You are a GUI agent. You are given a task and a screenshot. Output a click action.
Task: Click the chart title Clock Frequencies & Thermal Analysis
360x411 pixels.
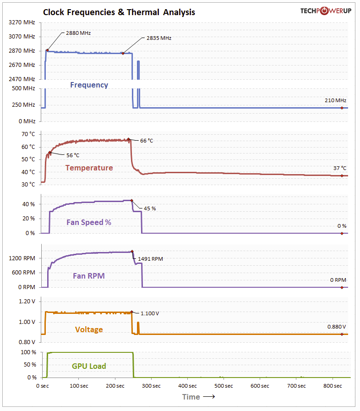(x=119, y=12)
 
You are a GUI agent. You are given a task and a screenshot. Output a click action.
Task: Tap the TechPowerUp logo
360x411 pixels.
(x=326, y=11)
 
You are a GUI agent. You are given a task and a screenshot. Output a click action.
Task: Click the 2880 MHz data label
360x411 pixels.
(x=78, y=33)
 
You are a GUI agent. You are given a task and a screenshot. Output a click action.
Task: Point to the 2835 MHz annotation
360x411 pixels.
(x=158, y=38)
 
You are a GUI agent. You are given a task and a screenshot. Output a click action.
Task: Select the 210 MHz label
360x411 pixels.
(x=334, y=100)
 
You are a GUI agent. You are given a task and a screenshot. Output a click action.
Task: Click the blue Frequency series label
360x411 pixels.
(x=89, y=85)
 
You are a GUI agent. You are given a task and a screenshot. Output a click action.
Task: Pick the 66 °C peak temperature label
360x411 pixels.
(x=147, y=141)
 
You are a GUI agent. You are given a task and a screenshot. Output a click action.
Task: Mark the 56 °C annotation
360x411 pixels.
(x=73, y=155)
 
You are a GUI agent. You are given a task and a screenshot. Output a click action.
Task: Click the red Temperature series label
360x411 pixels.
(x=89, y=168)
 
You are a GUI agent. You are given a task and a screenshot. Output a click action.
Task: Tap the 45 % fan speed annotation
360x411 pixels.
(x=150, y=208)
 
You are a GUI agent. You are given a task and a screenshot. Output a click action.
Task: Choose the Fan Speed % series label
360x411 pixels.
(x=89, y=222)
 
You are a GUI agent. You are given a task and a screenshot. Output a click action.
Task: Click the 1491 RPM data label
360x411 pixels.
(x=150, y=259)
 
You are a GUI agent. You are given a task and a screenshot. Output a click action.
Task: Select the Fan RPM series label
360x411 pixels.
(x=89, y=276)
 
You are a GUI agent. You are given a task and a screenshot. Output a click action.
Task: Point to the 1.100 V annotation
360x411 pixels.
(x=150, y=313)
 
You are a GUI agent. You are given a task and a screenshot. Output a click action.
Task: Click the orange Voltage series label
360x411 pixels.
(x=89, y=329)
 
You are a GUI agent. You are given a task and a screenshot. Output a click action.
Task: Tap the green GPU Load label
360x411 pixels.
(x=89, y=366)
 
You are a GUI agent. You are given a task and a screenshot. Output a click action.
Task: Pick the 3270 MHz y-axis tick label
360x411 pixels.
(x=22, y=22)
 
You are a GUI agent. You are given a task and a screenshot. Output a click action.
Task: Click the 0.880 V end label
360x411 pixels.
(x=337, y=327)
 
